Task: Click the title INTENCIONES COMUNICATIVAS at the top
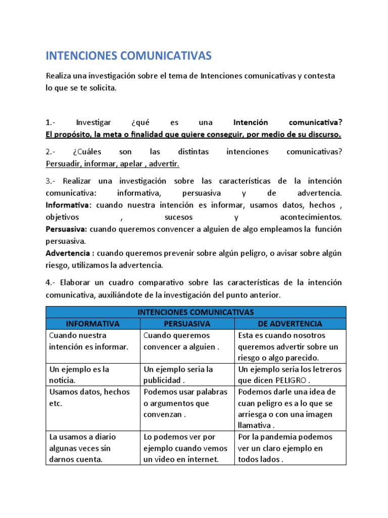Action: click(x=129, y=55)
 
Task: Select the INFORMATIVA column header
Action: click(x=92, y=323)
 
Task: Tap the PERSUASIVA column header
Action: click(x=186, y=323)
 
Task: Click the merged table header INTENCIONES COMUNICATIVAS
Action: click(x=196, y=312)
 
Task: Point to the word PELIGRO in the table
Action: click(x=290, y=380)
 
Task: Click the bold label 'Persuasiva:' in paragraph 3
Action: click(x=67, y=229)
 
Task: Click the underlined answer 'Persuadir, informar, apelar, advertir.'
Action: click(x=112, y=164)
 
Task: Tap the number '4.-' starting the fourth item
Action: click(x=53, y=282)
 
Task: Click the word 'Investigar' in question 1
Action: click(x=94, y=122)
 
